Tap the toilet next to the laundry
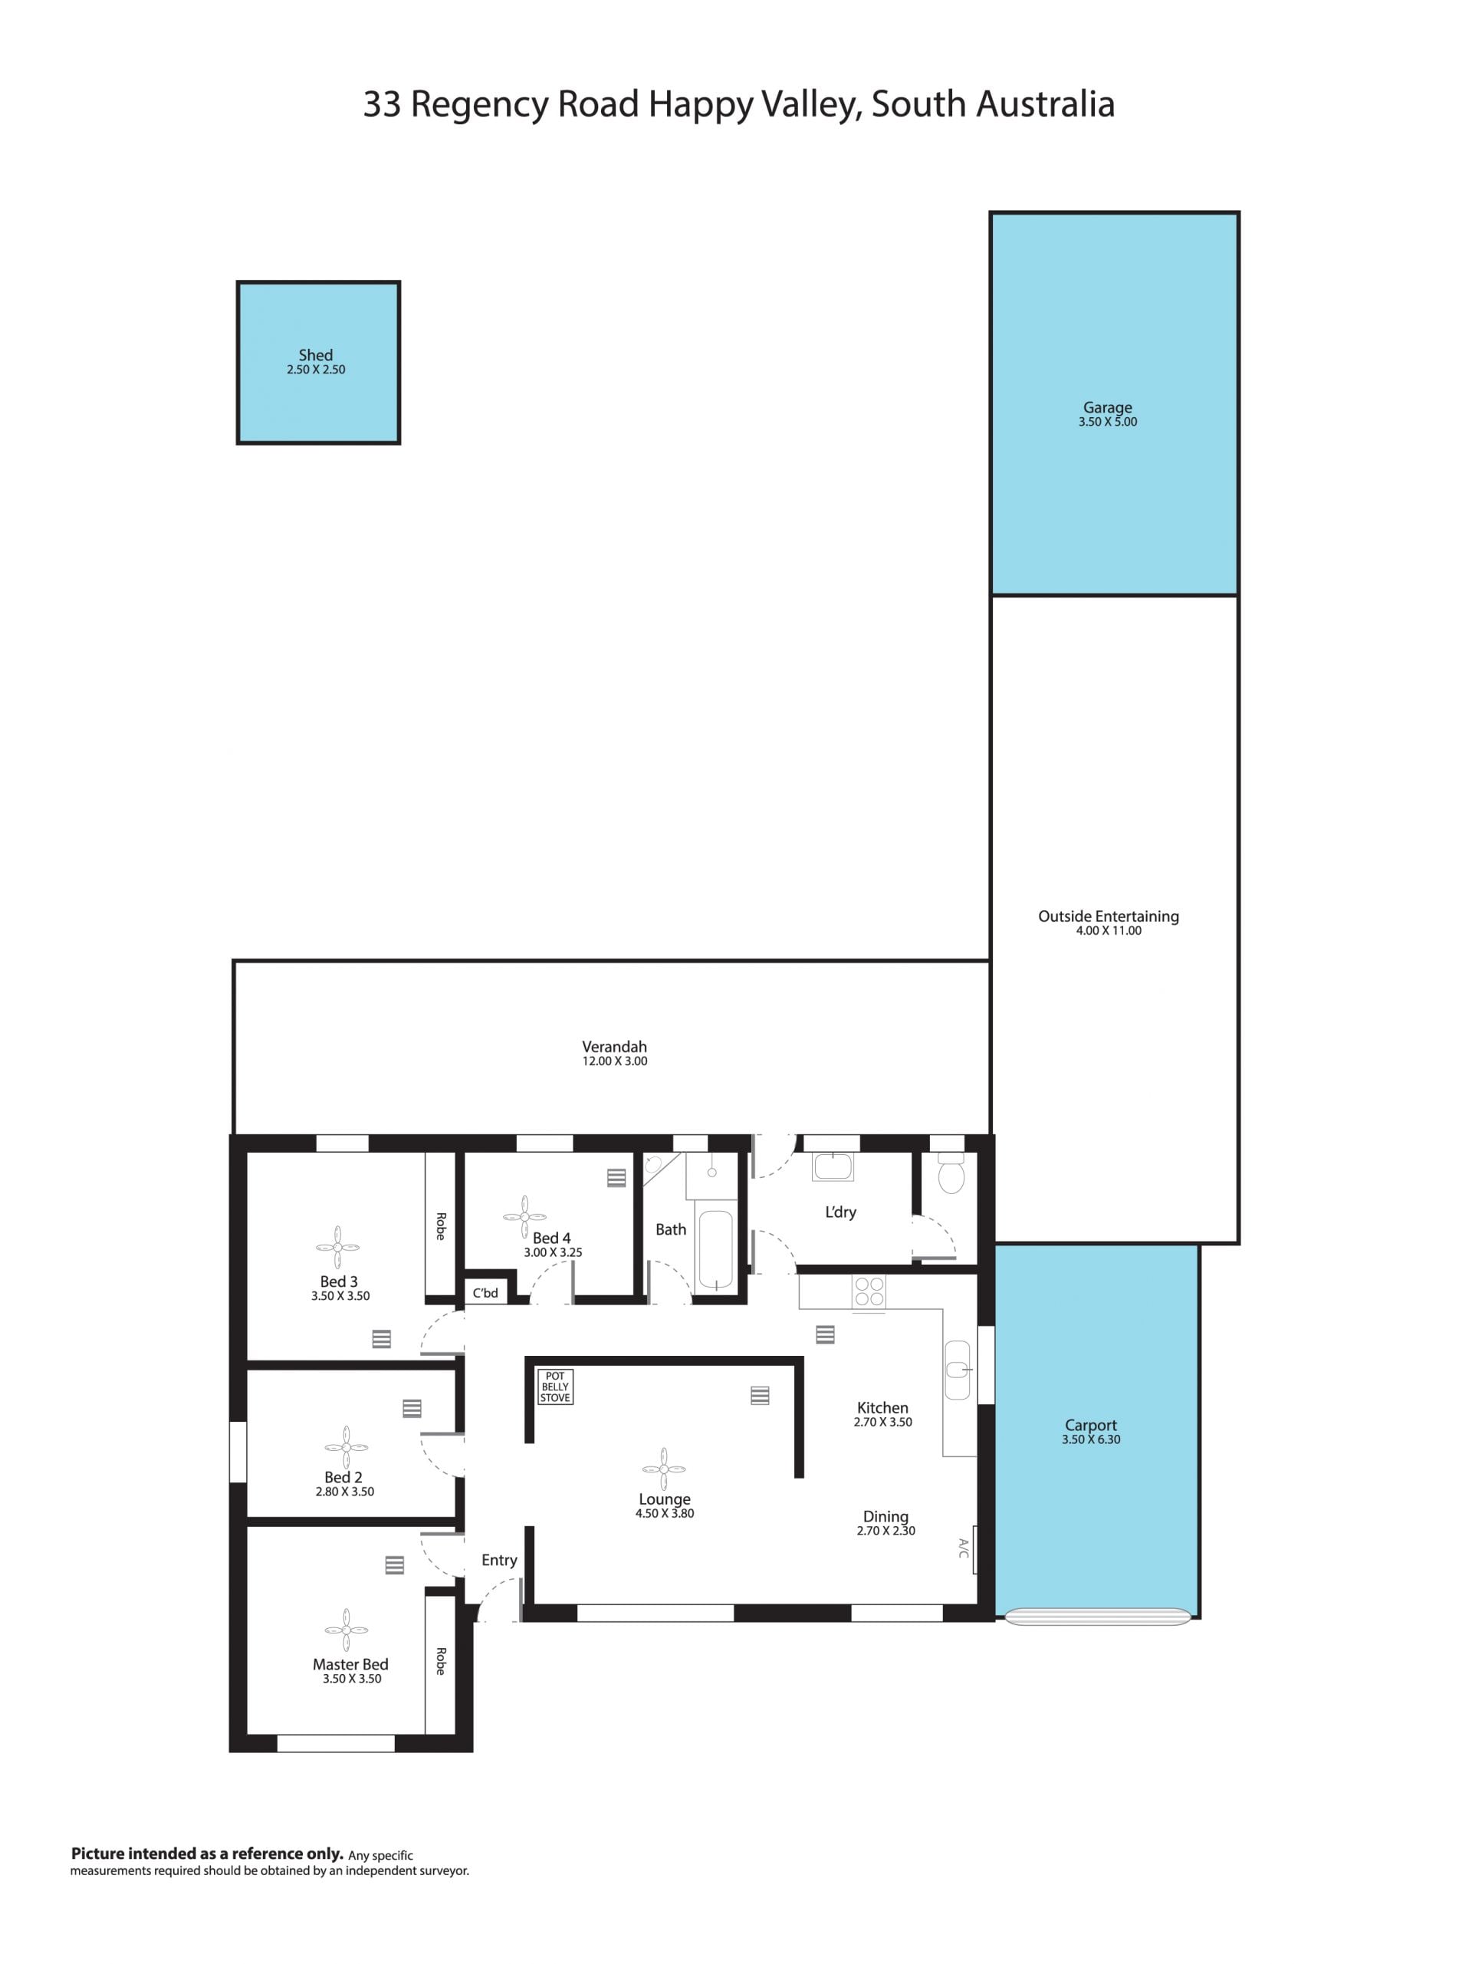coord(951,1173)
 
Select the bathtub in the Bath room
coord(715,1249)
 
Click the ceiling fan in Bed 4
coord(524,1216)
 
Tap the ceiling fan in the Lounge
coord(663,1469)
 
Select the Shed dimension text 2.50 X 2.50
coord(316,370)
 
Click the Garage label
coord(1107,407)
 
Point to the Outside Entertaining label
coord(1108,916)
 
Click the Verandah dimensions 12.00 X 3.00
coord(614,1061)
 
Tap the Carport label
coord(1091,1425)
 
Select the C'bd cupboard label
coord(485,1293)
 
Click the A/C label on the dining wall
coord(963,1548)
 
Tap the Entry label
coord(499,1560)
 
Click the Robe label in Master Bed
coord(439,1661)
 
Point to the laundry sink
coord(833,1166)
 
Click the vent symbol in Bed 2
coord(411,1408)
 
